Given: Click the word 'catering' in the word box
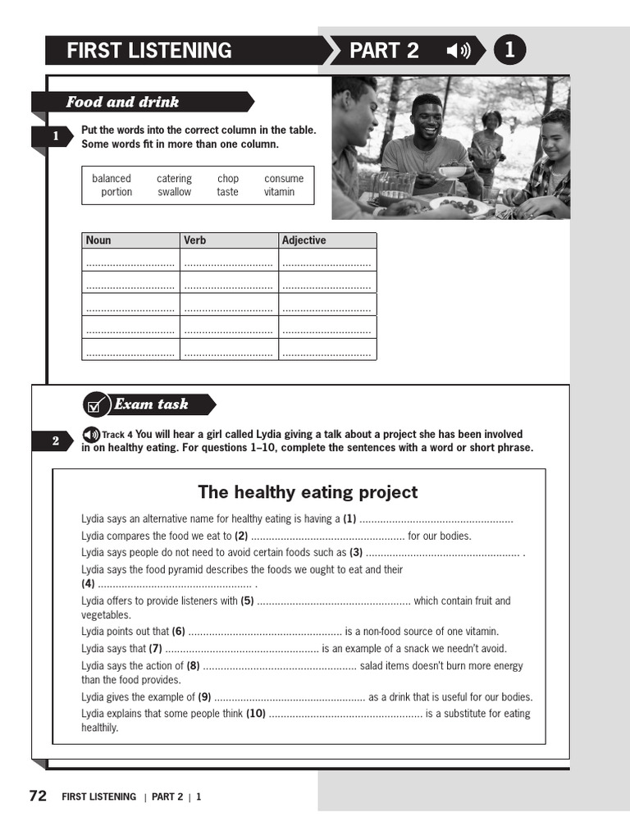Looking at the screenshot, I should pyautogui.click(x=174, y=179).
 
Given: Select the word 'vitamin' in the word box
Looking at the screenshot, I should pyautogui.click(x=279, y=192).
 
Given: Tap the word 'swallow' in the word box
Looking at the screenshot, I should pyautogui.click(x=174, y=192).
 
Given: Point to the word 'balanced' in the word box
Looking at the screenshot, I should pyautogui.click(x=112, y=179).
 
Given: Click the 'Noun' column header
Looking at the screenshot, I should pyautogui.click(x=98, y=240).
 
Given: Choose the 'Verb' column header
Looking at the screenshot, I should pyautogui.click(x=195, y=240).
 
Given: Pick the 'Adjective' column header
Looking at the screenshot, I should pyautogui.click(x=304, y=240).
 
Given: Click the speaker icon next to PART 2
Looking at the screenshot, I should pyautogui.click(x=458, y=51).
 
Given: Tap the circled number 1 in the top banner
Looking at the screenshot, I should pyautogui.click(x=509, y=50).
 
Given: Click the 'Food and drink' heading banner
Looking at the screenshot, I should pyautogui.click(x=123, y=103).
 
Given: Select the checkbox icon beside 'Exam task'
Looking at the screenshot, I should pyautogui.click(x=96, y=404).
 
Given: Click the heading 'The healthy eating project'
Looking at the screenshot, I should pyautogui.click(x=308, y=492).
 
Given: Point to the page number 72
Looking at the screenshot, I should pyautogui.click(x=38, y=796).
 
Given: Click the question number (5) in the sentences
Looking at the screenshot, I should pyautogui.click(x=247, y=601).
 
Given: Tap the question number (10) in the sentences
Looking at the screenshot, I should pyautogui.click(x=255, y=714).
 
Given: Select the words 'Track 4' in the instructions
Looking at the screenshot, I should pyautogui.click(x=117, y=435).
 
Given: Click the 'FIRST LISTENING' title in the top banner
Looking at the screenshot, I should pyautogui.click(x=149, y=51).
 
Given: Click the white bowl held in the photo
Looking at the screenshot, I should pyautogui.click(x=452, y=172).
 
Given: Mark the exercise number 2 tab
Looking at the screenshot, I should pyautogui.click(x=56, y=441).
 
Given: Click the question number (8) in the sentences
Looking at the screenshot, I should pyautogui.click(x=194, y=666).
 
